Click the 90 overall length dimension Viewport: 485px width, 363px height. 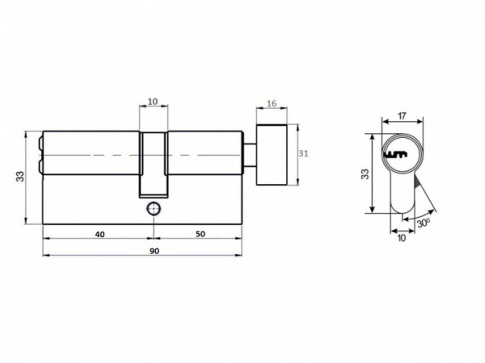click(154, 251)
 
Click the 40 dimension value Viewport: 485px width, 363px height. click(99, 234)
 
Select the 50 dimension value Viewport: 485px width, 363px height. click(200, 234)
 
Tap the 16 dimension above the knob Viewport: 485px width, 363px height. click(272, 103)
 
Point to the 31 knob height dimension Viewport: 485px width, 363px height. click(303, 153)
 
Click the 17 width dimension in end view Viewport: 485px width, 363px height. click(402, 116)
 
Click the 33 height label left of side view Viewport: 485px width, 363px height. click(20, 176)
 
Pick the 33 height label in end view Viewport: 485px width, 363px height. click(365, 173)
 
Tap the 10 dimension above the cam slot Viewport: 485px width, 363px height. click(153, 102)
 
